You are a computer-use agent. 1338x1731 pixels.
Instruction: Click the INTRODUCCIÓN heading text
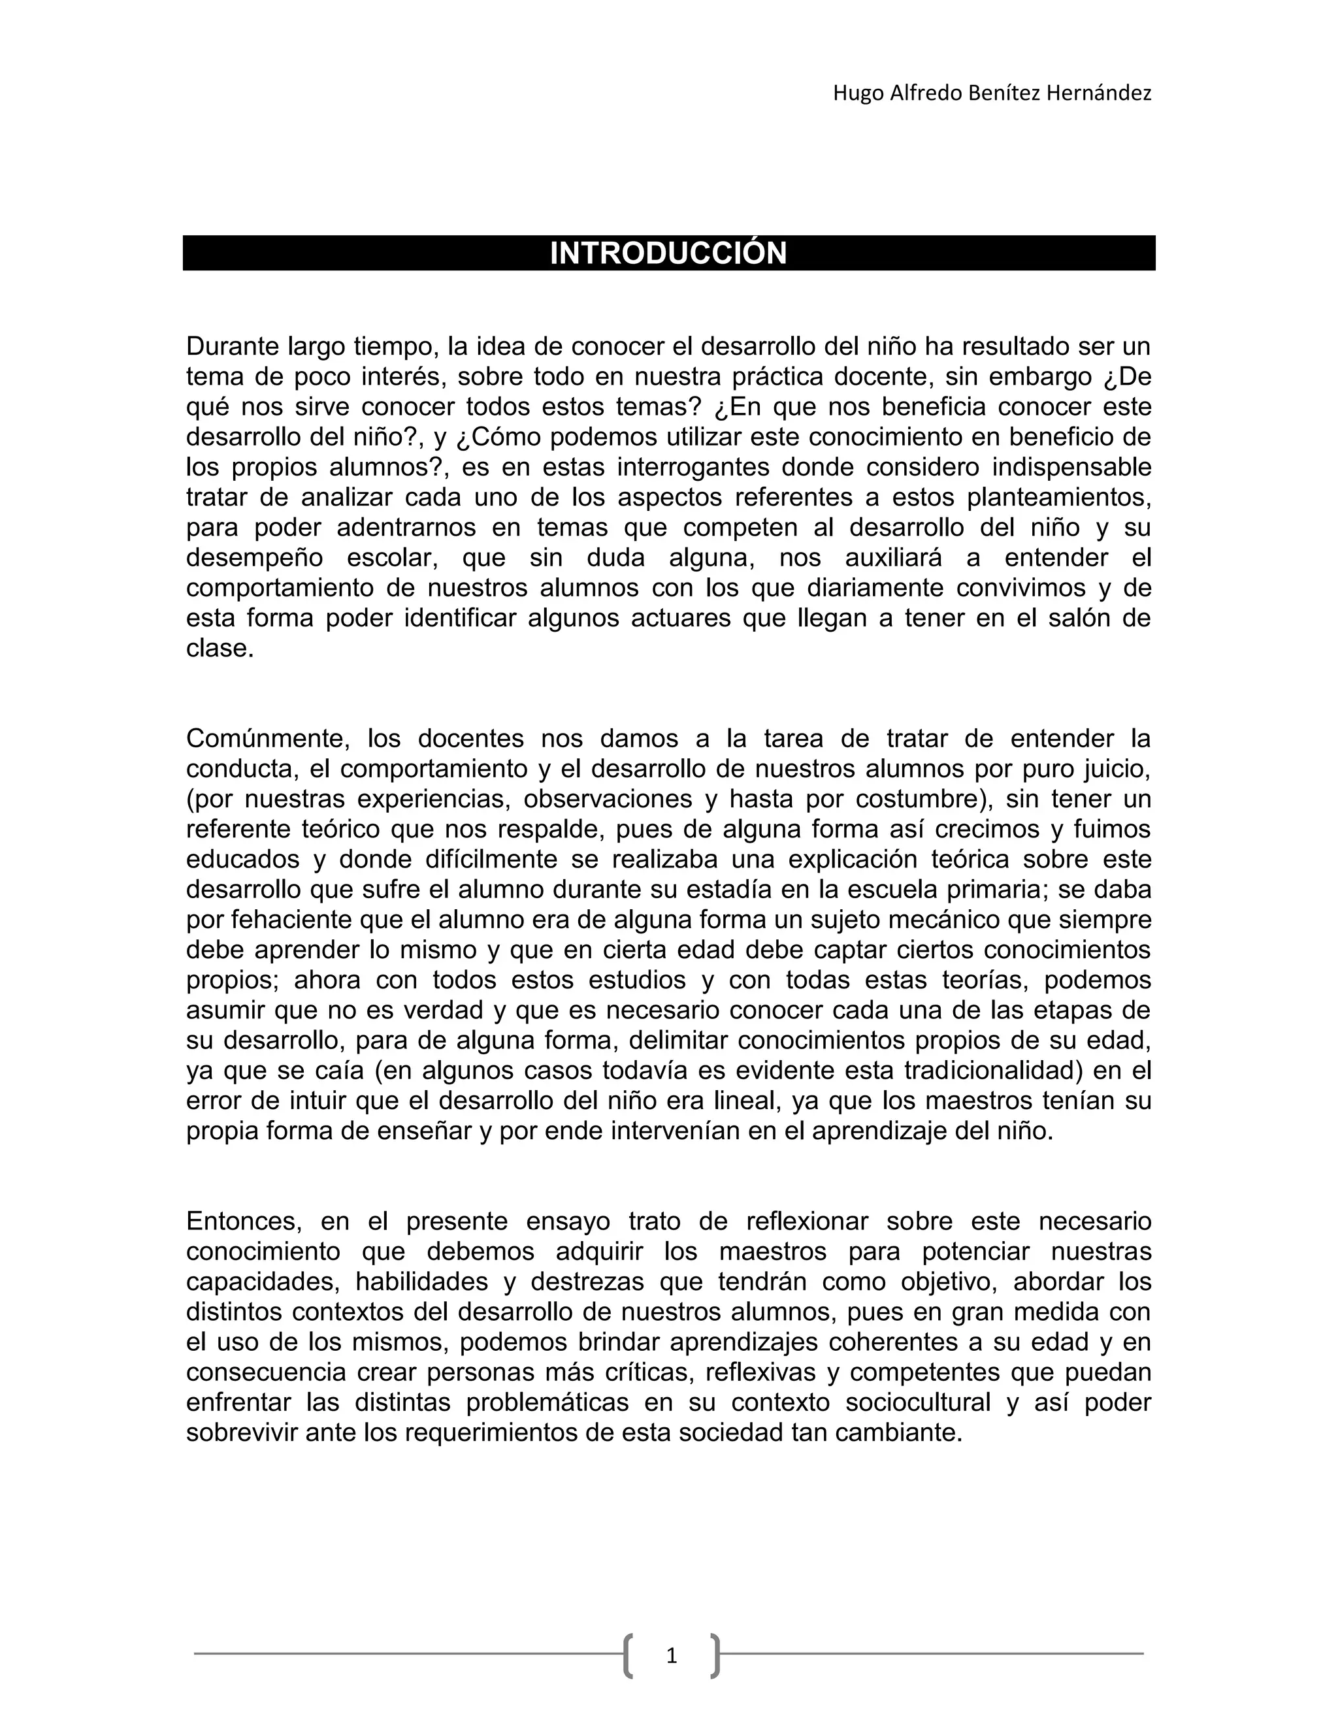pos(668,253)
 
